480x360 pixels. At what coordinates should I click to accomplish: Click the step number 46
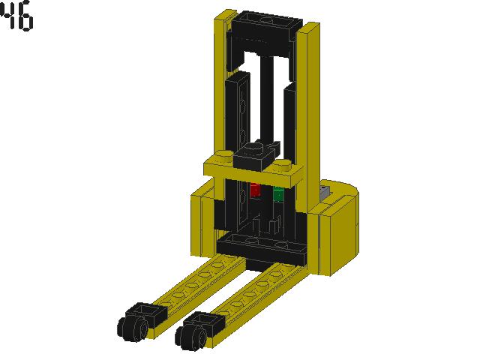pos(17,18)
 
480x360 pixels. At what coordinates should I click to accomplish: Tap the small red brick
pos(255,190)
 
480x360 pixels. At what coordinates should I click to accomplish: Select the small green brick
pos(278,194)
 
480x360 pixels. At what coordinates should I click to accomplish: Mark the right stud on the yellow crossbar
pos(282,164)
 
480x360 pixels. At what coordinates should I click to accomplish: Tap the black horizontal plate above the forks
pos(260,246)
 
